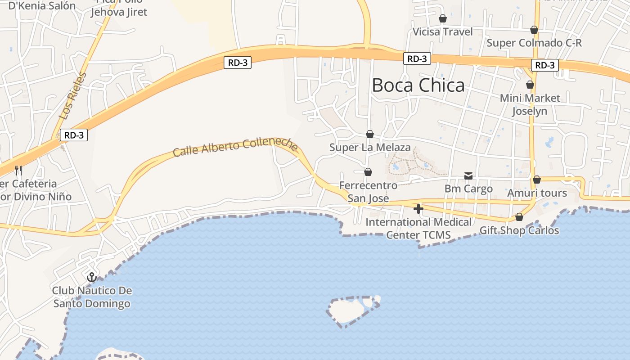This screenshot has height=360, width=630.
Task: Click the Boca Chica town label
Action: (418, 85)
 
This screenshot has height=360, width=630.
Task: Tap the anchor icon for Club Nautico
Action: (92, 277)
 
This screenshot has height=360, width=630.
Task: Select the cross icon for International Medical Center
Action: (418, 208)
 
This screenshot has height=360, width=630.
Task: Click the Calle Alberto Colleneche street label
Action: (235, 147)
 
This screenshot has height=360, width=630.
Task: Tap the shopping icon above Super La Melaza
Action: (370, 134)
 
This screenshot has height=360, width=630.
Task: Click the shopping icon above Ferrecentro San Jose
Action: (368, 172)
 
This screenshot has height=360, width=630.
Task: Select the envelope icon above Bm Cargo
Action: (468, 175)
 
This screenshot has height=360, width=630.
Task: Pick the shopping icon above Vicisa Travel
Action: (443, 18)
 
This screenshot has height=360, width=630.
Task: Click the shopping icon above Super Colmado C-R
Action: (534, 30)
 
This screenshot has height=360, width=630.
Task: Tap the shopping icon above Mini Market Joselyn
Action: (530, 85)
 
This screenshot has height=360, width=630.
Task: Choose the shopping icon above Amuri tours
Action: (537, 180)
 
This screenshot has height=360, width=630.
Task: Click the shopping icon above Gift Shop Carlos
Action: (519, 217)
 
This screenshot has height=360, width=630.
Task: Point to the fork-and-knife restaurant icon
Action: (18, 170)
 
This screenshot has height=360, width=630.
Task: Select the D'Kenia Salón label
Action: (42, 6)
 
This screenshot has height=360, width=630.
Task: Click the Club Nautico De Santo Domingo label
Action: (92, 297)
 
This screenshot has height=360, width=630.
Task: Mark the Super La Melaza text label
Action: (370, 148)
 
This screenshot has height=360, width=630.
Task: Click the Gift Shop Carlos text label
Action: (519, 230)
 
